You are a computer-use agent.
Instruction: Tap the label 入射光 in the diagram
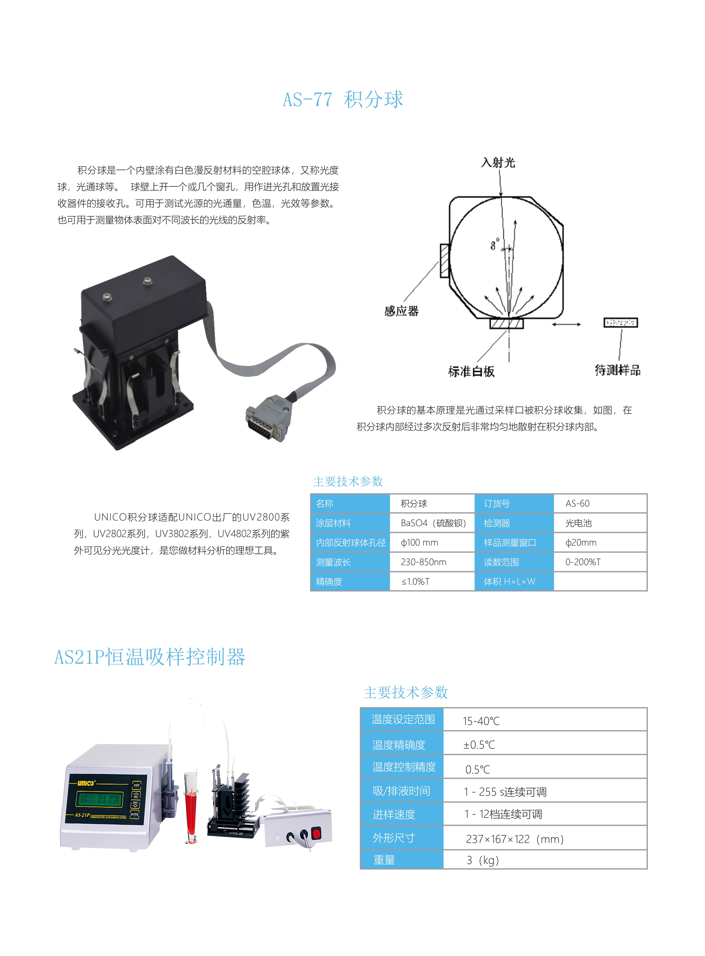498,162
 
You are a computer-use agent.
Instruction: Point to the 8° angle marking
494,244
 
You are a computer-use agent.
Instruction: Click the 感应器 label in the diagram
401,311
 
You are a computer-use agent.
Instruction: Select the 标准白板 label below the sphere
471,371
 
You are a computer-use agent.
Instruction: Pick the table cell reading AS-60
577,504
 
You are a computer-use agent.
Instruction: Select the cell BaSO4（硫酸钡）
433,523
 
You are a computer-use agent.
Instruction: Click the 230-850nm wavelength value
423,562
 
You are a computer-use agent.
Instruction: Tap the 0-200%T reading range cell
583,562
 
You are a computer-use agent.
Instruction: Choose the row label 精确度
329,582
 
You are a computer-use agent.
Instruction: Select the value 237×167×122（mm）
515,839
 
